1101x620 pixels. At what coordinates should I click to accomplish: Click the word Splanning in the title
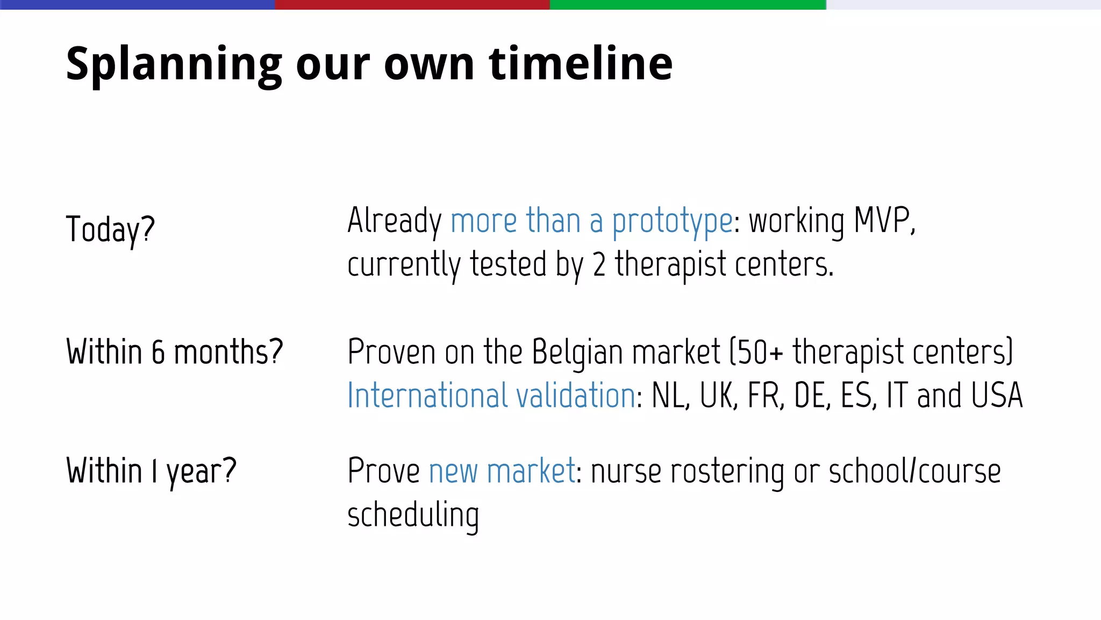(x=174, y=65)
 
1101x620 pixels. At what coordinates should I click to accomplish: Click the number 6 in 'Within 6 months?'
(x=158, y=353)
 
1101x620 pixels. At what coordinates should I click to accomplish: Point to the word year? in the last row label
(x=201, y=472)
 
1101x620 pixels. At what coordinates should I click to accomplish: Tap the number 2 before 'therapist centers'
(x=599, y=265)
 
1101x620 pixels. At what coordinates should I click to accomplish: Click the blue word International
(x=427, y=396)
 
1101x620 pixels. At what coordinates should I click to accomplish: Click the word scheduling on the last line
(x=413, y=516)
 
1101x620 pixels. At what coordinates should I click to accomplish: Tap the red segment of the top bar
(x=412, y=4)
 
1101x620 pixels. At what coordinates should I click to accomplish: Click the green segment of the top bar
(x=688, y=4)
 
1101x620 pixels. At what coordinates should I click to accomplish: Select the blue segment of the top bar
(x=137, y=4)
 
